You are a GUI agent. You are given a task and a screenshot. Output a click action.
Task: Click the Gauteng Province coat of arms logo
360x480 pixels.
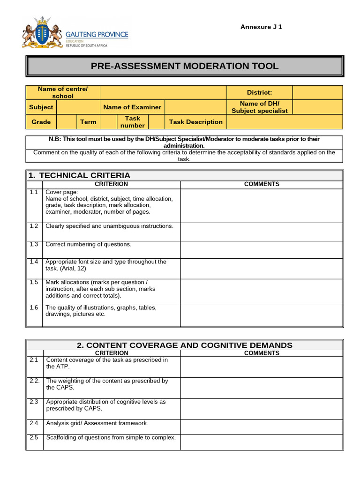pos(42,32)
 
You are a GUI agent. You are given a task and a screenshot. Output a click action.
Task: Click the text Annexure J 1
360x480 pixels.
pos(261,27)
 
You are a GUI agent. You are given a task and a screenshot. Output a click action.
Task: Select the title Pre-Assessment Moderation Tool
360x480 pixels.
pos(185,66)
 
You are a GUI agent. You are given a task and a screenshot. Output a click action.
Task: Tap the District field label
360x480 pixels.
pos(259,92)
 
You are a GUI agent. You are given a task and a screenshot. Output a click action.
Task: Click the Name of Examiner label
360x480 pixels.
pos(132,107)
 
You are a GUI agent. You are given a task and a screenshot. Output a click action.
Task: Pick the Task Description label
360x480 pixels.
pos(195,122)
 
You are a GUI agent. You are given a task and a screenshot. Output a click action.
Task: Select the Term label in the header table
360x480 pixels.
pos(88,122)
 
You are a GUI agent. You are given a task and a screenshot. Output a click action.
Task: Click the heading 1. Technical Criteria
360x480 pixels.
pos(79,175)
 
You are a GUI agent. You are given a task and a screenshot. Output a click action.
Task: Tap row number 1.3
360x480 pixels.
pos(34,244)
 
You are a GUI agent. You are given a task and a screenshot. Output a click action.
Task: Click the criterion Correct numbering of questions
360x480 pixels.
pos(89,244)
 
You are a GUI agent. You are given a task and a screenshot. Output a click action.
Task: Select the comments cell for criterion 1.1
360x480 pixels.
pos(262,205)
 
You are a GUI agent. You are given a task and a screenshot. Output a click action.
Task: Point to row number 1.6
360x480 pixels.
pos(34,308)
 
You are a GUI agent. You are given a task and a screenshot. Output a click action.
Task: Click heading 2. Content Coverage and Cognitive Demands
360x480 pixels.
pos(185,345)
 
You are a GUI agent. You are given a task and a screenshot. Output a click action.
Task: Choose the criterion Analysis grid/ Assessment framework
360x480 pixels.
pos(97,423)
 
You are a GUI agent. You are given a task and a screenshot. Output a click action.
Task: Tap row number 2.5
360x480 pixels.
pos(34,438)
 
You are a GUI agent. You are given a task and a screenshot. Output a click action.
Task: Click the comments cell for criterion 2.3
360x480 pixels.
pos(262,409)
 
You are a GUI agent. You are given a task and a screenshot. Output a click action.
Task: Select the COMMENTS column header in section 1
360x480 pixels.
pos(262,184)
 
